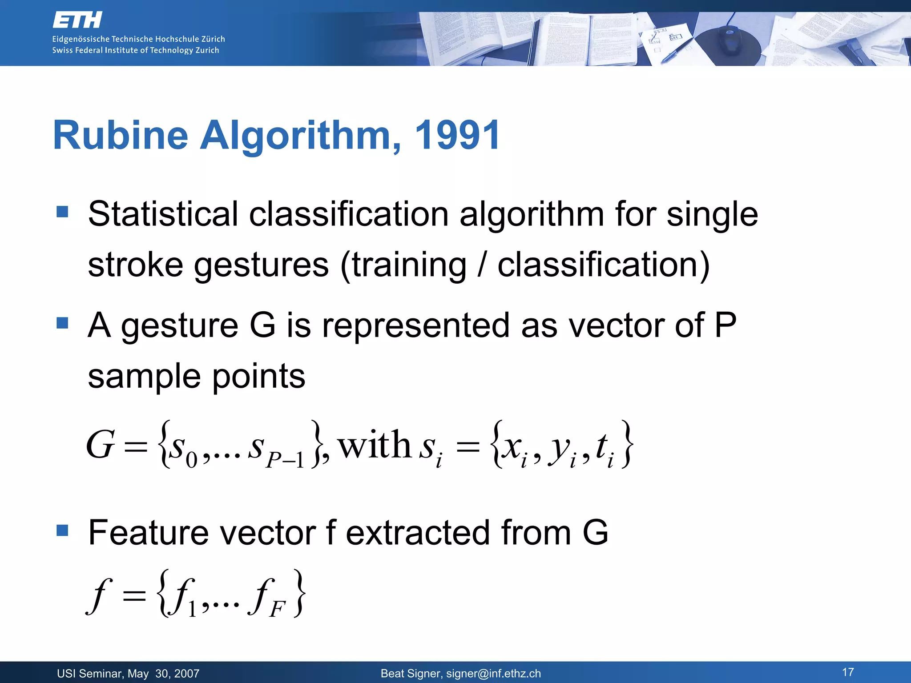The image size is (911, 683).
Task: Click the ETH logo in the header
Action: tap(77, 20)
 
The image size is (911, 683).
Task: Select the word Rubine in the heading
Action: tap(120, 135)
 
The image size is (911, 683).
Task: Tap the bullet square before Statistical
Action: tap(63, 211)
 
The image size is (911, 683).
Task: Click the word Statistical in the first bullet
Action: tap(163, 214)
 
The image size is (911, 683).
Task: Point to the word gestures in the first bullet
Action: tap(261, 265)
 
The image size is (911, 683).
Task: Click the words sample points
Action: tap(197, 376)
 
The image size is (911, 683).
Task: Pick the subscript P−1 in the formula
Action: tap(285, 460)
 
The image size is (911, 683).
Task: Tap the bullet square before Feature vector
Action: tap(63, 530)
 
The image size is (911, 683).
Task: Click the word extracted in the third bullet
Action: tap(418, 533)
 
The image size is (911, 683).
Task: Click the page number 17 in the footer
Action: tap(848, 672)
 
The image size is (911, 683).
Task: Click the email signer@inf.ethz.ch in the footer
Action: tap(493, 674)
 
